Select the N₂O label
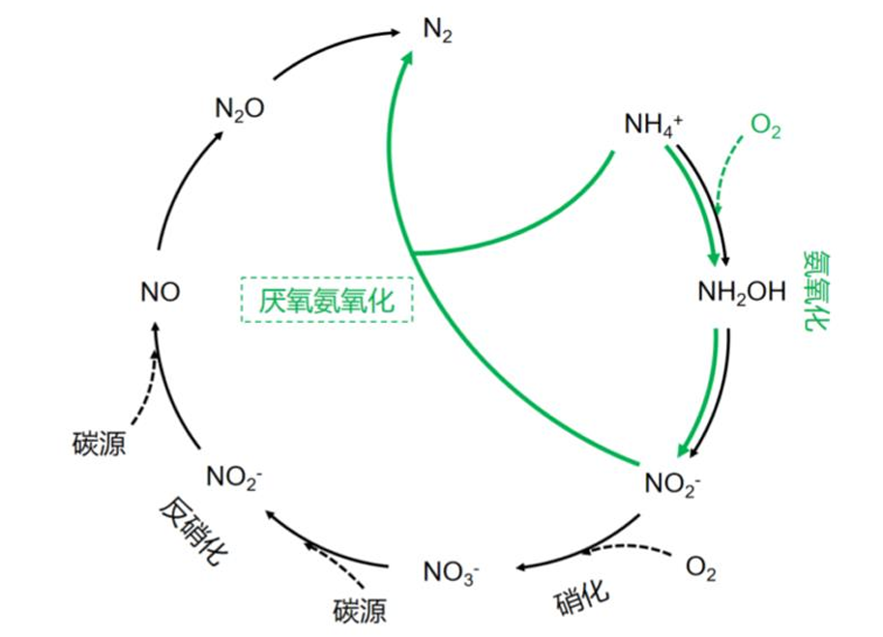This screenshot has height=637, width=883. (239, 108)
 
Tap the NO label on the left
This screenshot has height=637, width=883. (160, 291)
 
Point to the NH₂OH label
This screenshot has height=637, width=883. (742, 292)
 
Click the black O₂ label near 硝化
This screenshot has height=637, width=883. (701, 567)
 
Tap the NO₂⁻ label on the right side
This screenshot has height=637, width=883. (671, 480)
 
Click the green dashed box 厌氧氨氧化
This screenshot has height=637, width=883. (326, 301)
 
